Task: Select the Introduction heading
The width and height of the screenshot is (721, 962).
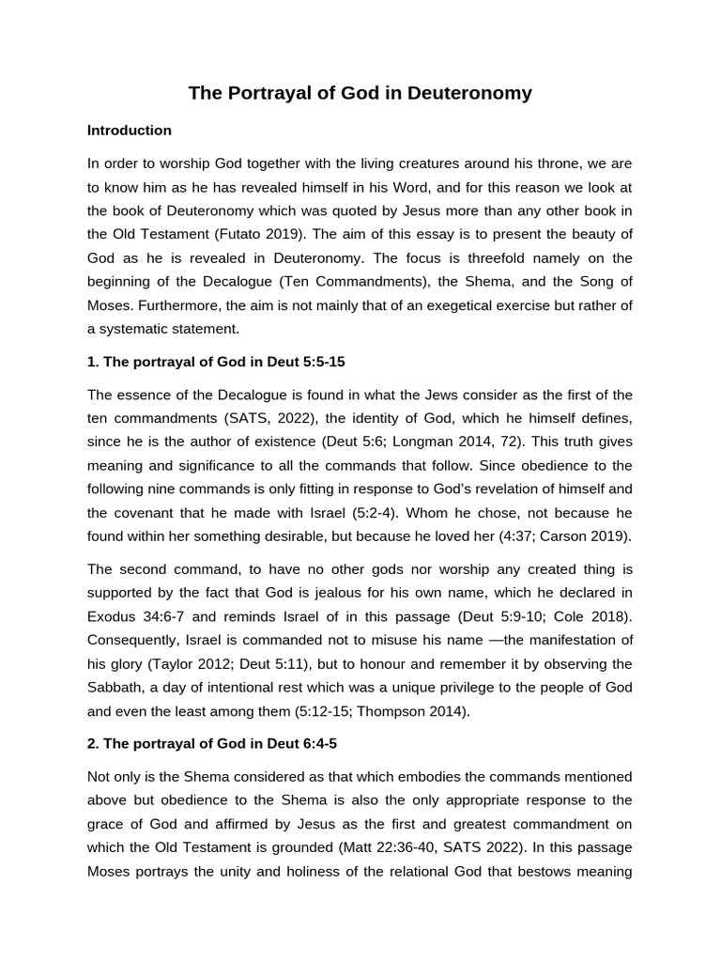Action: (130, 131)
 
